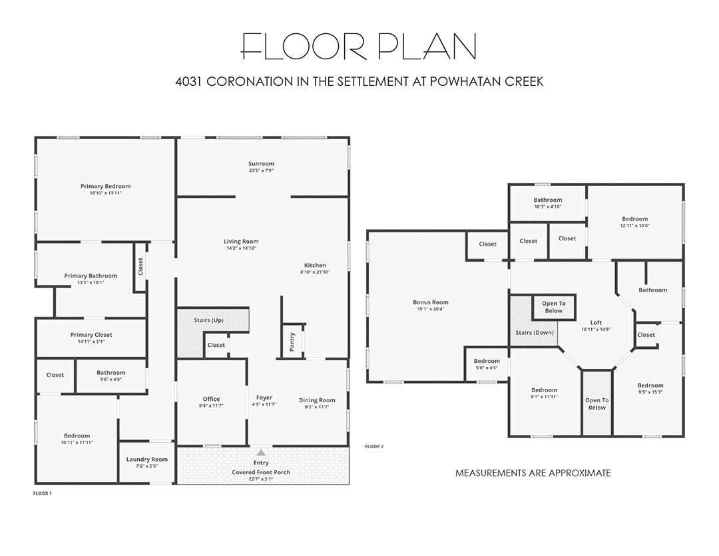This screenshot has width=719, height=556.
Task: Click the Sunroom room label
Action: [262, 164]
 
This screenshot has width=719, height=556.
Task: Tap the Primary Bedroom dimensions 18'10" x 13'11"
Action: [105, 193]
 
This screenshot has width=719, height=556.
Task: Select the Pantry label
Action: [292, 342]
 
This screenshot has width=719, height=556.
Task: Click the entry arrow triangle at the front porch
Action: [261, 453]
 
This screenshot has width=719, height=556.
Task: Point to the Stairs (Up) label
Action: [208, 320]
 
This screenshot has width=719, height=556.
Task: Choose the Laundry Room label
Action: [146, 459]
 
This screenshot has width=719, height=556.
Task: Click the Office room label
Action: [212, 399]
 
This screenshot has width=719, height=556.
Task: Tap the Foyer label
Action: [264, 398]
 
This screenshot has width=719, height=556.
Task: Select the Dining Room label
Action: [317, 400]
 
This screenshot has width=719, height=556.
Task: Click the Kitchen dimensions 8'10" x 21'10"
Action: [315, 272]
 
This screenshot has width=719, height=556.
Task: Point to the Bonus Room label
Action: [431, 302]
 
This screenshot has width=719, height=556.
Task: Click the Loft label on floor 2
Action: [596, 322]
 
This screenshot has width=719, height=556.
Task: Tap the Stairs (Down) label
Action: [535, 332]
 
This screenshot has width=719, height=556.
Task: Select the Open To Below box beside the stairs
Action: [553, 307]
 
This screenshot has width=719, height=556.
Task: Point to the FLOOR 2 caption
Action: [373, 446]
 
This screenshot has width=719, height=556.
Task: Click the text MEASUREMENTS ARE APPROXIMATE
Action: [533, 473]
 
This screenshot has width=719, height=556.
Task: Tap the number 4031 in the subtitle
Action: [188, 82]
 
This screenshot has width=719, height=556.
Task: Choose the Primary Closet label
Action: [91, 335]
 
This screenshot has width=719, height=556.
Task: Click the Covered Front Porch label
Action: [261, 472]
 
